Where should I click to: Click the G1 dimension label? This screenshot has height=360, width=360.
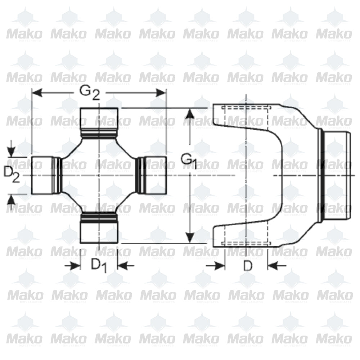[x=189, y=161]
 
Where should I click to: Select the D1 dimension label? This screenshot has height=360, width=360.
[x=99, y=265]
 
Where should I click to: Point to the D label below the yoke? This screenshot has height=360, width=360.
[x=247, y=266]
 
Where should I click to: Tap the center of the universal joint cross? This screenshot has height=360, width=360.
[x=99, y=175]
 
